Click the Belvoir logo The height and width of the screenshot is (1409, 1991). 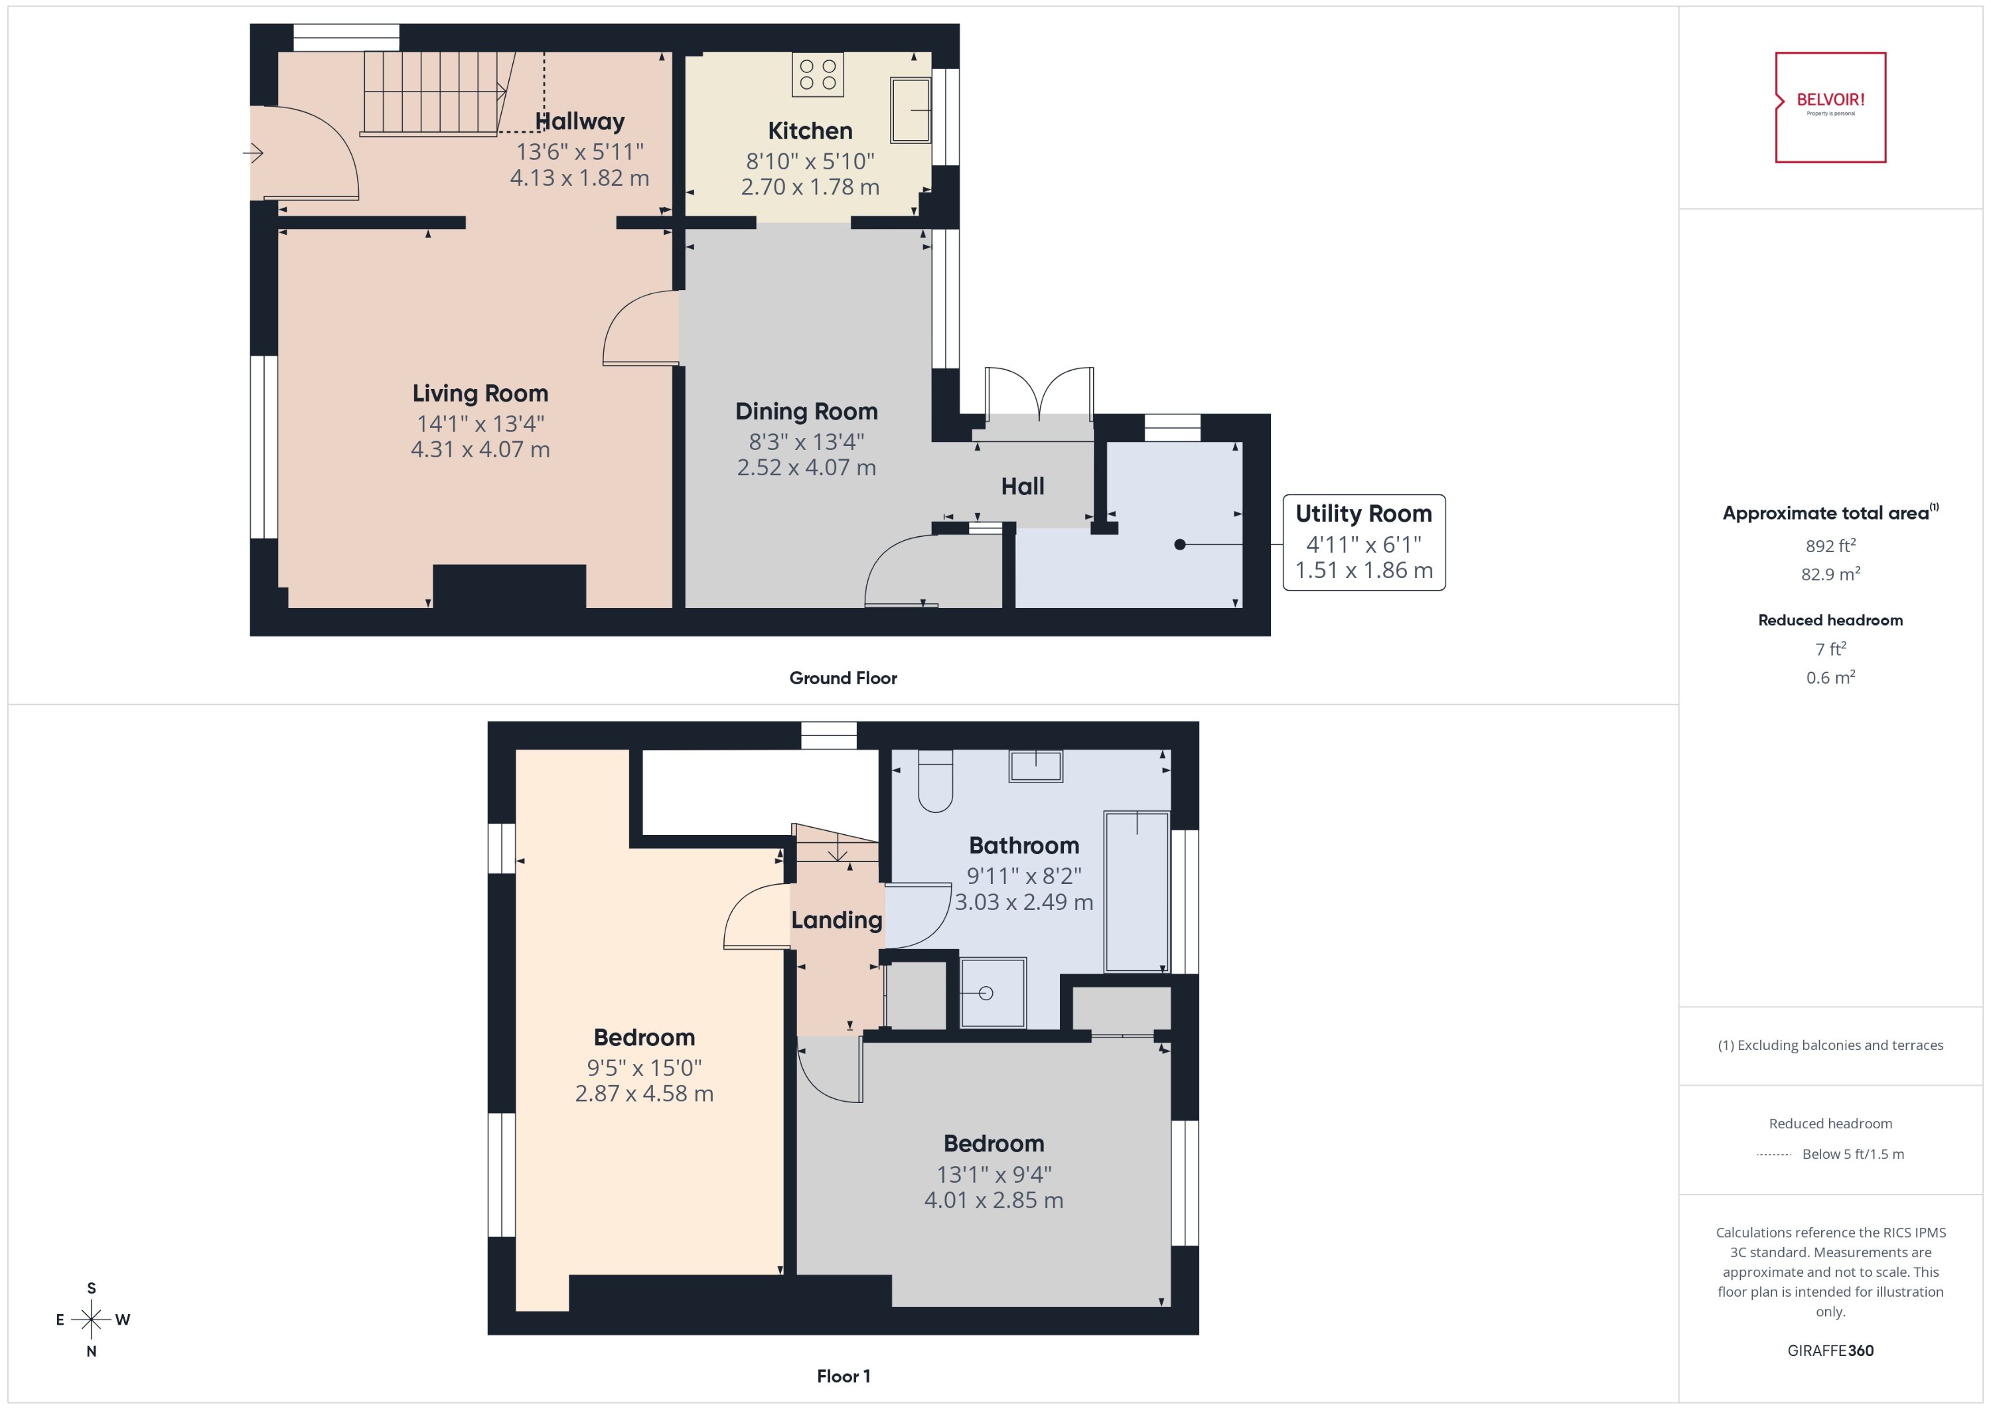tap(1830, 107)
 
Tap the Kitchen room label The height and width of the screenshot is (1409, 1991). tap(810, 131)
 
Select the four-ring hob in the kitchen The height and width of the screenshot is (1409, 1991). tap(817, 74)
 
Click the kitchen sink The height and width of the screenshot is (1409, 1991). tap(910, 110)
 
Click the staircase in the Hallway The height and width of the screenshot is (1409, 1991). tap(431, 93)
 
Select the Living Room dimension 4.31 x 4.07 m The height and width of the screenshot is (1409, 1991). tap(480, 449)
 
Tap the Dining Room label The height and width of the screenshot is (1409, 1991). tap(806, 411)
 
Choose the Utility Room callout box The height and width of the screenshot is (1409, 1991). tap(1363, 542)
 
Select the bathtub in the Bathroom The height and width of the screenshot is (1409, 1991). tap(1136, 891)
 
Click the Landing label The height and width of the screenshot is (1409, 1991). tap(836, 920)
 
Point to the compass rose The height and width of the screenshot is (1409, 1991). tap(91, 1319)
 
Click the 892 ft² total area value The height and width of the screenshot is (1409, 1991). tap(1830, 546)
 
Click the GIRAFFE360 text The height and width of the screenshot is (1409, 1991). tap(1830, 1351)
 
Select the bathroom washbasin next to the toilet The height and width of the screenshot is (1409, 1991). tap(1035, 766)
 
